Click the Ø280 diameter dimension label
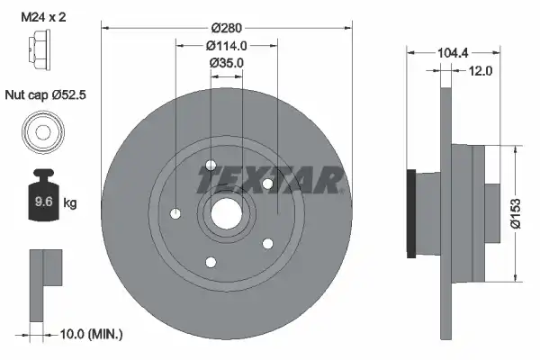click(226, 28)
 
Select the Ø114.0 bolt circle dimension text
click(226, 46)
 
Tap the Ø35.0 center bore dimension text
click(226, 63)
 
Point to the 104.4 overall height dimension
click(453, 53)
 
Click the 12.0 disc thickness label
click(480, 71)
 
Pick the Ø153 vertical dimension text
click(515, 213)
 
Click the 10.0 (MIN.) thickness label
click(91, 334)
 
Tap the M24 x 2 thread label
click(43, 17)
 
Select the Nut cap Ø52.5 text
click(46, 94)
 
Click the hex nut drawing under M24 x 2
click(39, 50)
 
